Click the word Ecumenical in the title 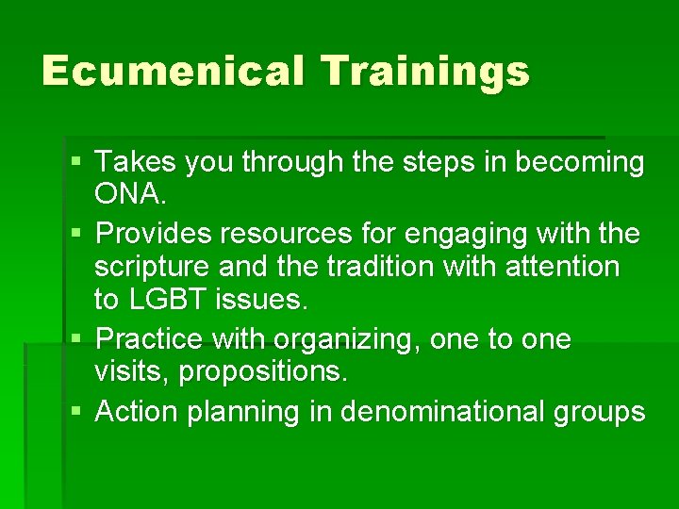click(173, 71)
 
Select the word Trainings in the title click(424, 71)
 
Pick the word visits click(131, 372)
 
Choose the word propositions click(263, 372)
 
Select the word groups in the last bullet click(599, 412)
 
